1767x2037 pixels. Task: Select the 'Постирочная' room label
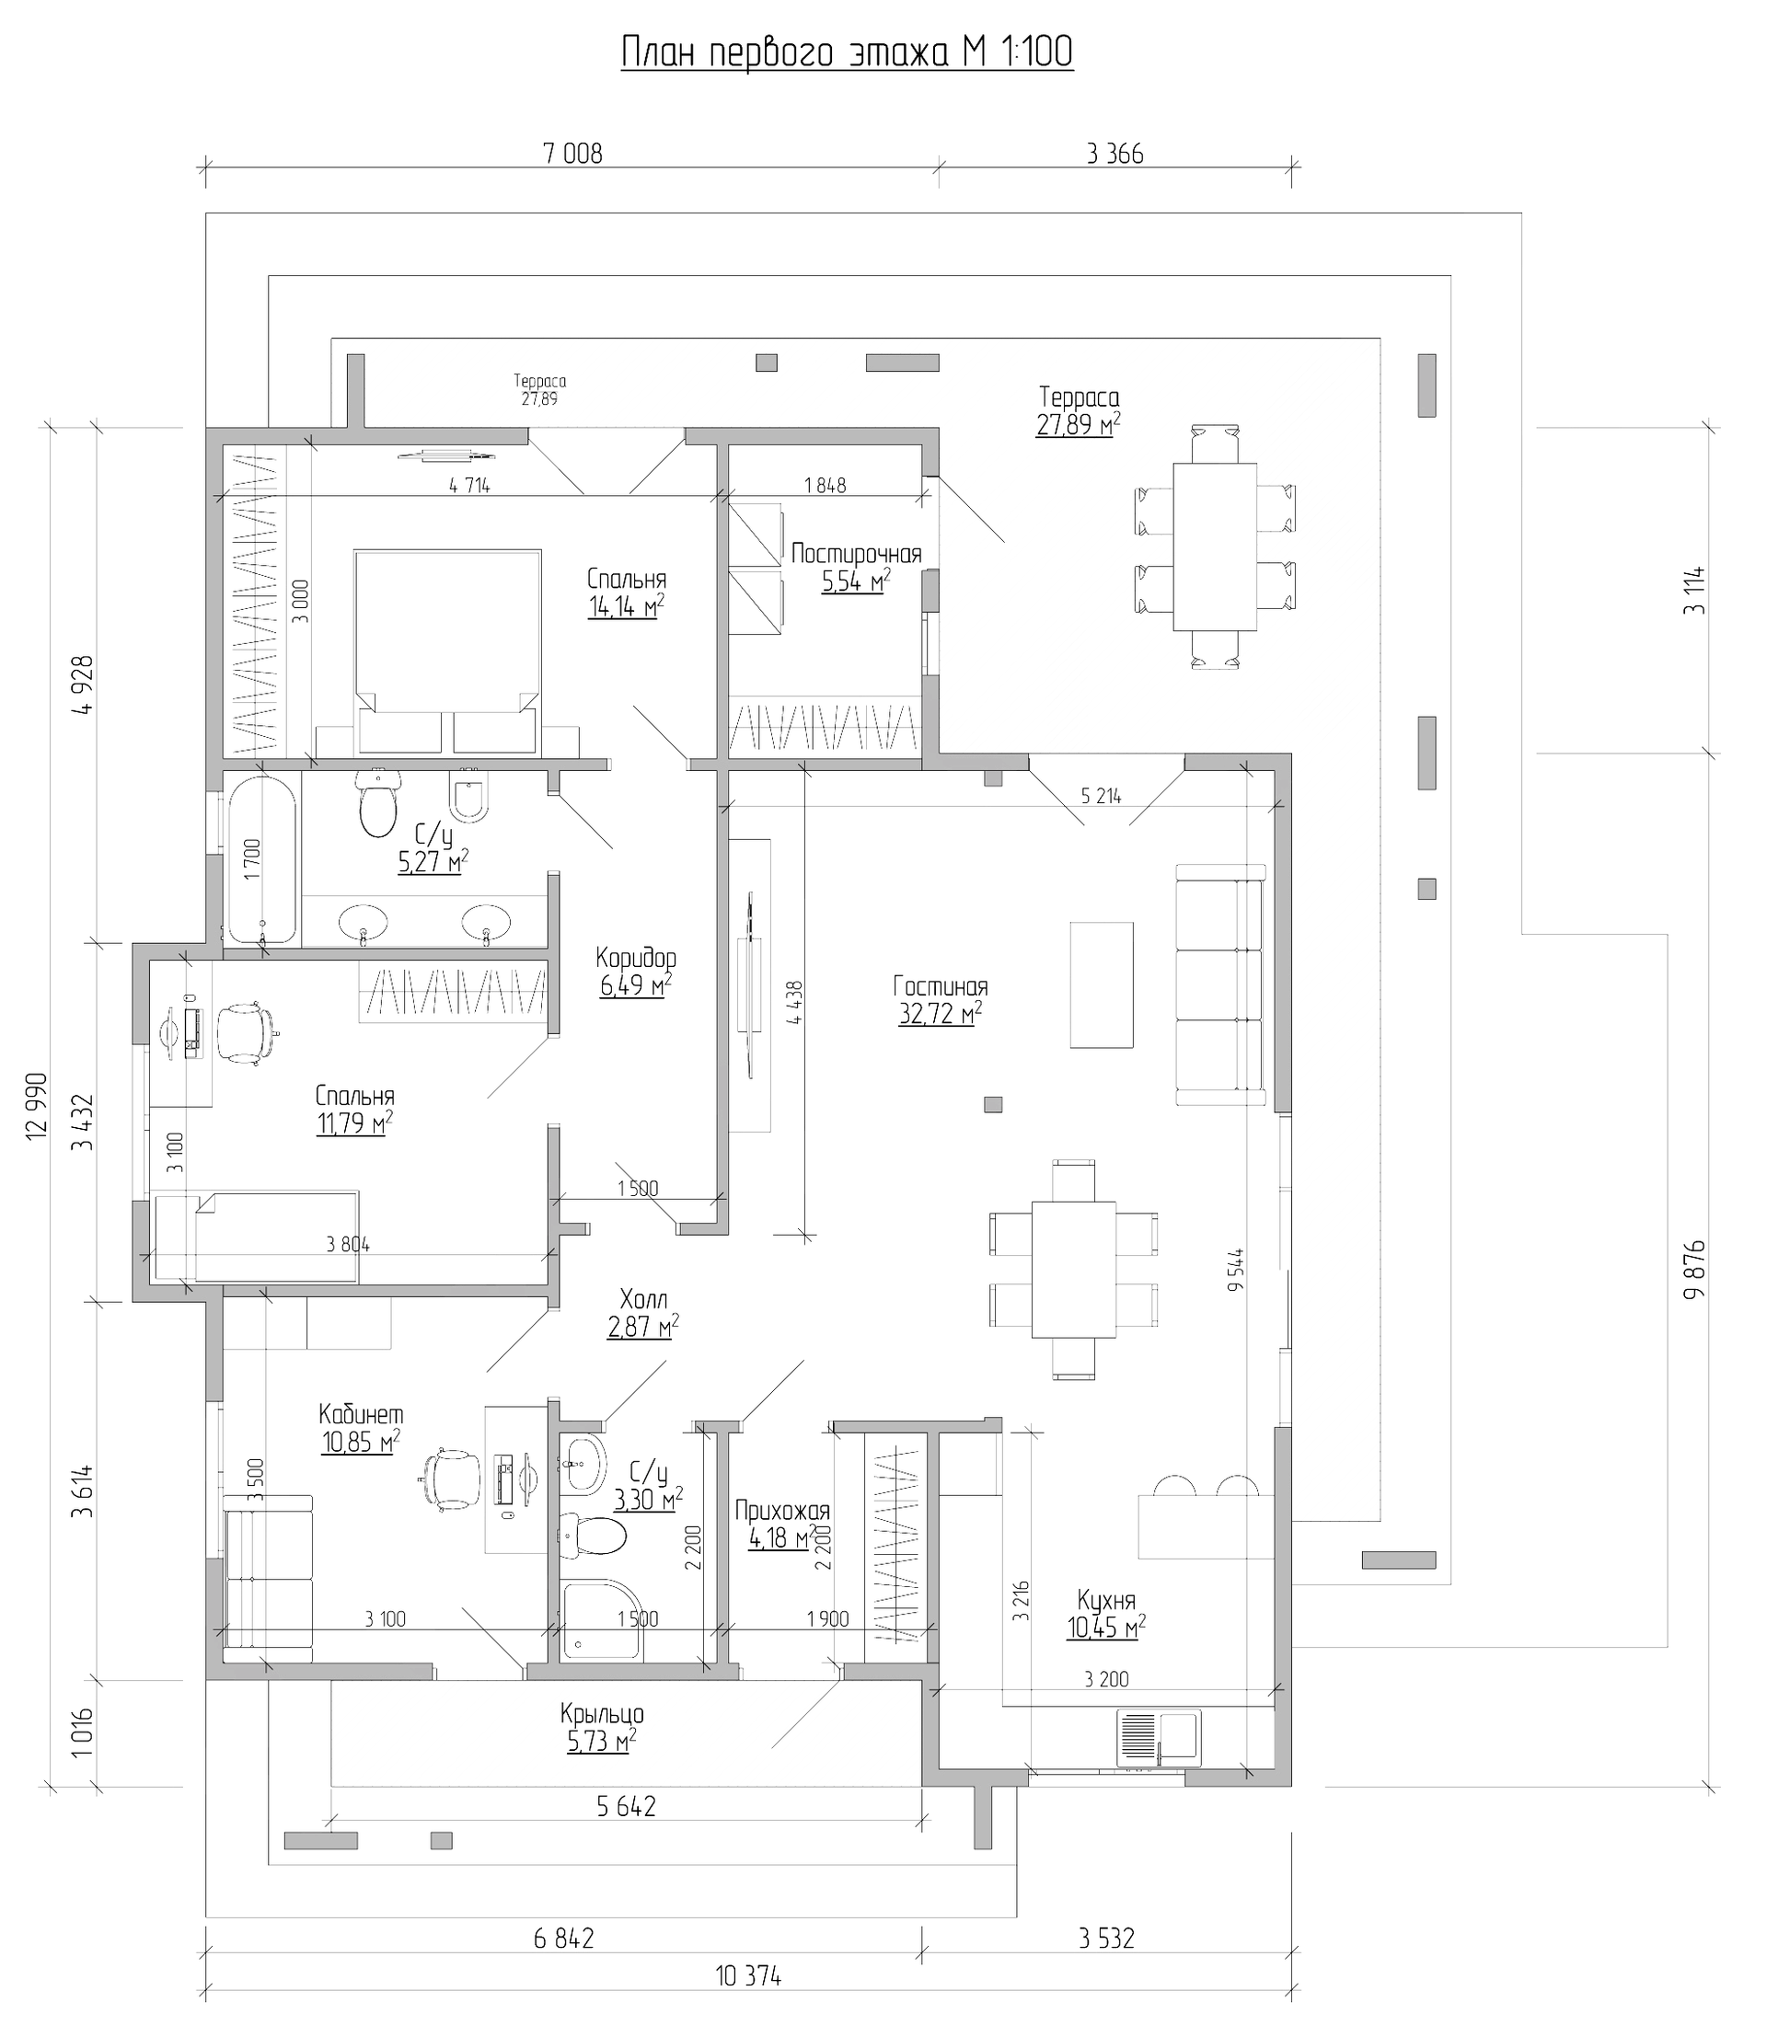click(856, 554)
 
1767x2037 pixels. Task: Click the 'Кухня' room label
click(1105, 1599)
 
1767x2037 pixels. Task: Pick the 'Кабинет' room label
click(361, 1415)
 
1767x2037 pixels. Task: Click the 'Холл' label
click(643, 1298)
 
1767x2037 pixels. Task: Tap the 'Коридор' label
click(636, 958)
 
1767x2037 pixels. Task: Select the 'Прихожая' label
click(783, 1511)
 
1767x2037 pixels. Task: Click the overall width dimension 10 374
click(747, 1976)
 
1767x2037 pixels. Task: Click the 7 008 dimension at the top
click(572, 154)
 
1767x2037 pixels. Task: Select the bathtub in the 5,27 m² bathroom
click(261, 859)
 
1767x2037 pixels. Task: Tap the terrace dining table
click(1214, 547)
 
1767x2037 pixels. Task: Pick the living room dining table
click(1073, 1269)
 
